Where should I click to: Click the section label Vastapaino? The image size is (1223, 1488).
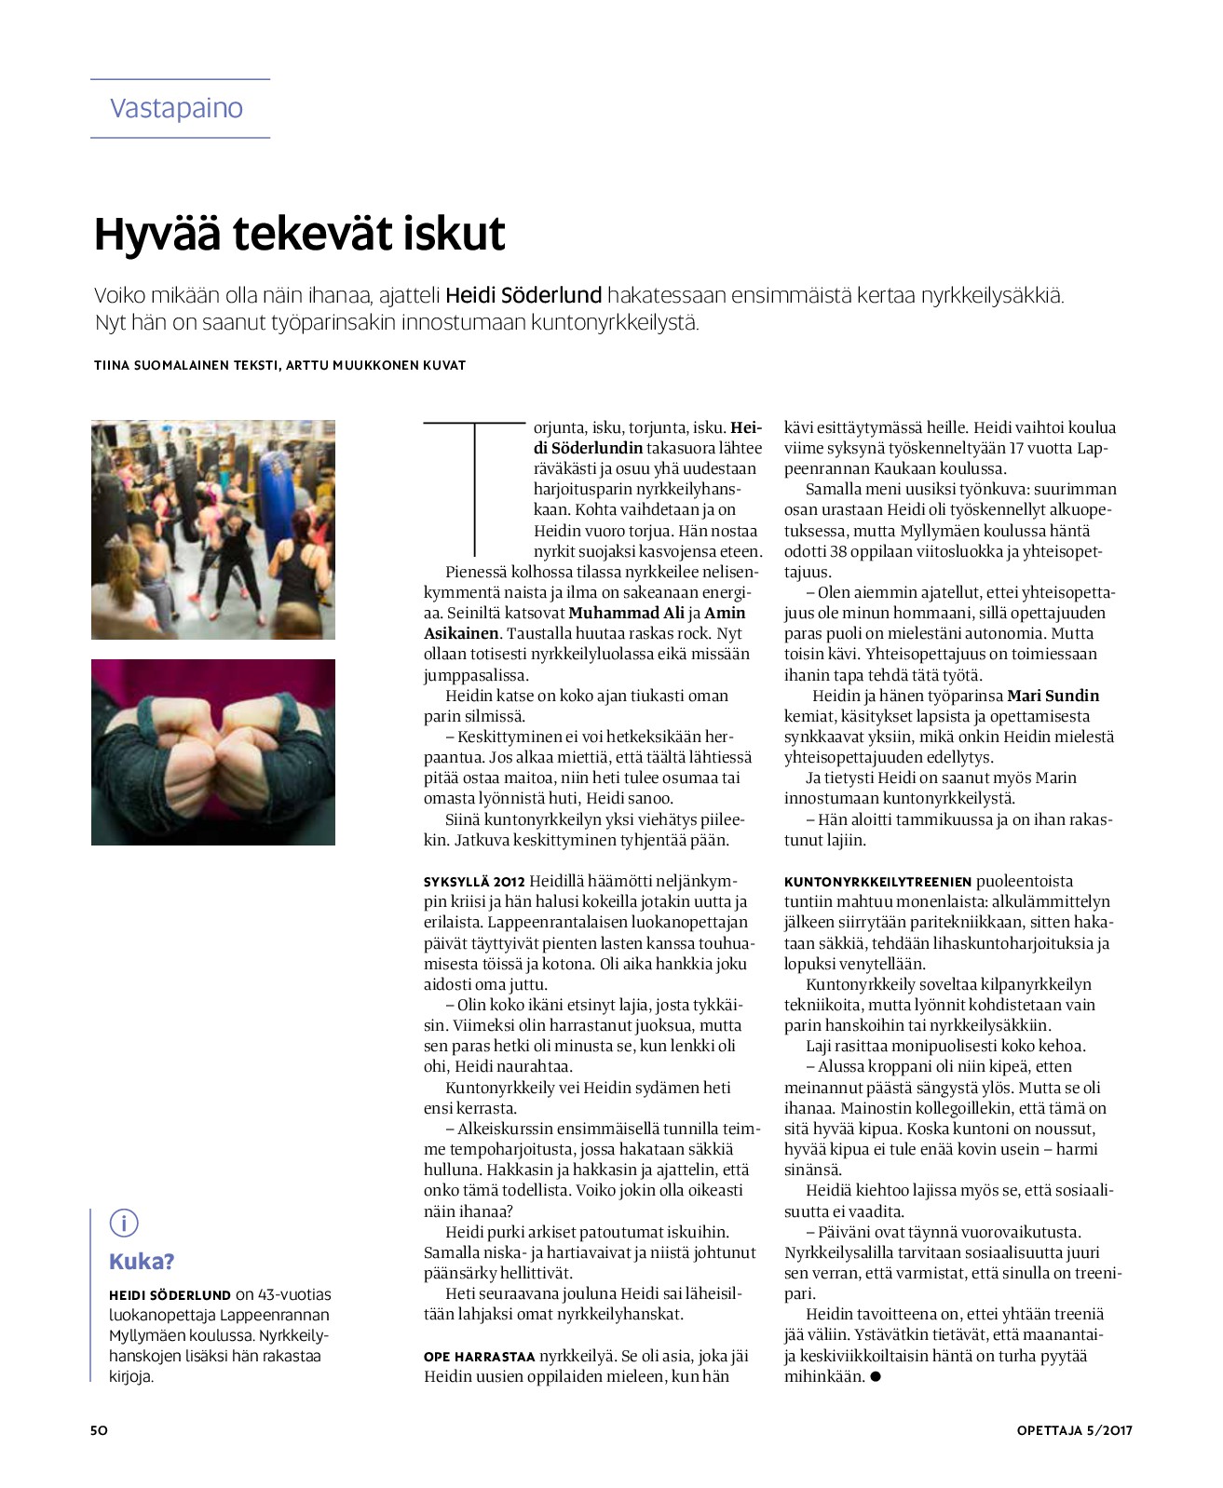[x=176, y=108]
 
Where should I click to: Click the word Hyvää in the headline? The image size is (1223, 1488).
[x=156, y=234]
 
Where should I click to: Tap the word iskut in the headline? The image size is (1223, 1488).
[x=454, y=234]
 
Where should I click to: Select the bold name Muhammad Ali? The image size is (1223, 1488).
[x=625, y=613]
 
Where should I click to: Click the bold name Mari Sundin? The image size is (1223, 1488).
[x=1053, y=696]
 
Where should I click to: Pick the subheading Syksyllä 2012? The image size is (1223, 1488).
[x=474, y=881]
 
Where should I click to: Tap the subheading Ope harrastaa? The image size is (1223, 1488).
[x=479, y=1356]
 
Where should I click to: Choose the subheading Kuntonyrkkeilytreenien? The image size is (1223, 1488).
[x=877, y=881]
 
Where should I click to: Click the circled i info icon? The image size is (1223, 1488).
[x=124, y=1223]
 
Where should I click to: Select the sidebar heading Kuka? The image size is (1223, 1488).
[x=142, y=1262]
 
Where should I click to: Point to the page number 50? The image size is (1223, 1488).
[x=99, y=1430]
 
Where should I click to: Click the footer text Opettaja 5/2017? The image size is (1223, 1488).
[x=1074, y=1430]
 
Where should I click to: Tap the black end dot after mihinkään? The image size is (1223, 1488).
[x=875, y=1376]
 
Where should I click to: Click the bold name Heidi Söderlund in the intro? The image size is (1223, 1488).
[x=523, y=296]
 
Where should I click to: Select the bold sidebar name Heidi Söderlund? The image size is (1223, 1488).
[x=170, y=1294]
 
